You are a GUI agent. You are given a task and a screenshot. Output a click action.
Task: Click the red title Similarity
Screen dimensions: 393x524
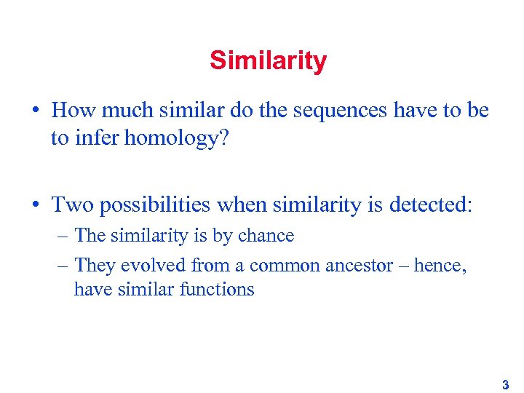point(268,60)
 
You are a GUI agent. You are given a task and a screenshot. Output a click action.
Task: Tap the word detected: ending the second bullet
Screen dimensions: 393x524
point(430,206)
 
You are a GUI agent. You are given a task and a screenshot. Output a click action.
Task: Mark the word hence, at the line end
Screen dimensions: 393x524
point(440,266)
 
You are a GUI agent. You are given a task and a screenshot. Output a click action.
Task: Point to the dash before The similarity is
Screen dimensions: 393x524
point(63,237)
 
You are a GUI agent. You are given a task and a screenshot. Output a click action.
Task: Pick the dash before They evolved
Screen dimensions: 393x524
point(63,266)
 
